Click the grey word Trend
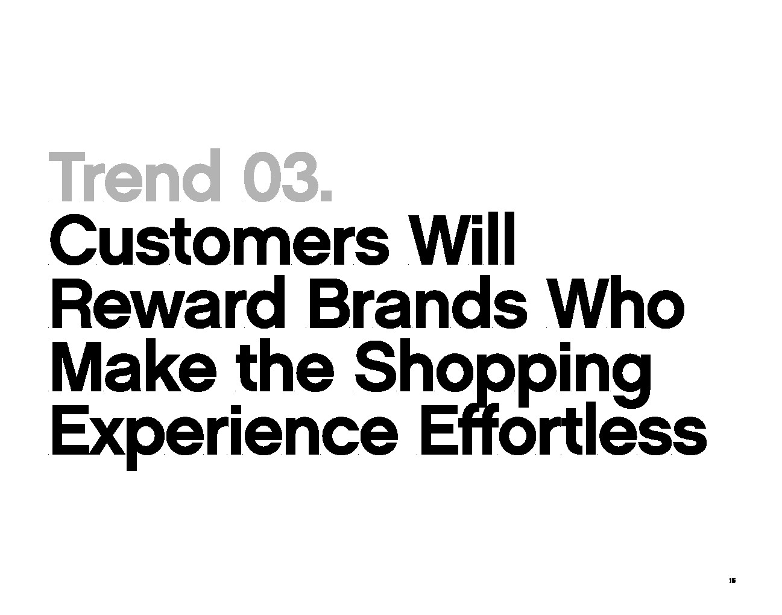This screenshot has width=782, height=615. click(x=134, y=175)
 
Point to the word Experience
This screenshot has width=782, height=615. click(x=225, y=435)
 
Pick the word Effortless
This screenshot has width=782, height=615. click(x=564, y=428)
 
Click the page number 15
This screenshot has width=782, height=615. click(x=732, y=591)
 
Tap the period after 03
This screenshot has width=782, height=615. click(x=326, y=195)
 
